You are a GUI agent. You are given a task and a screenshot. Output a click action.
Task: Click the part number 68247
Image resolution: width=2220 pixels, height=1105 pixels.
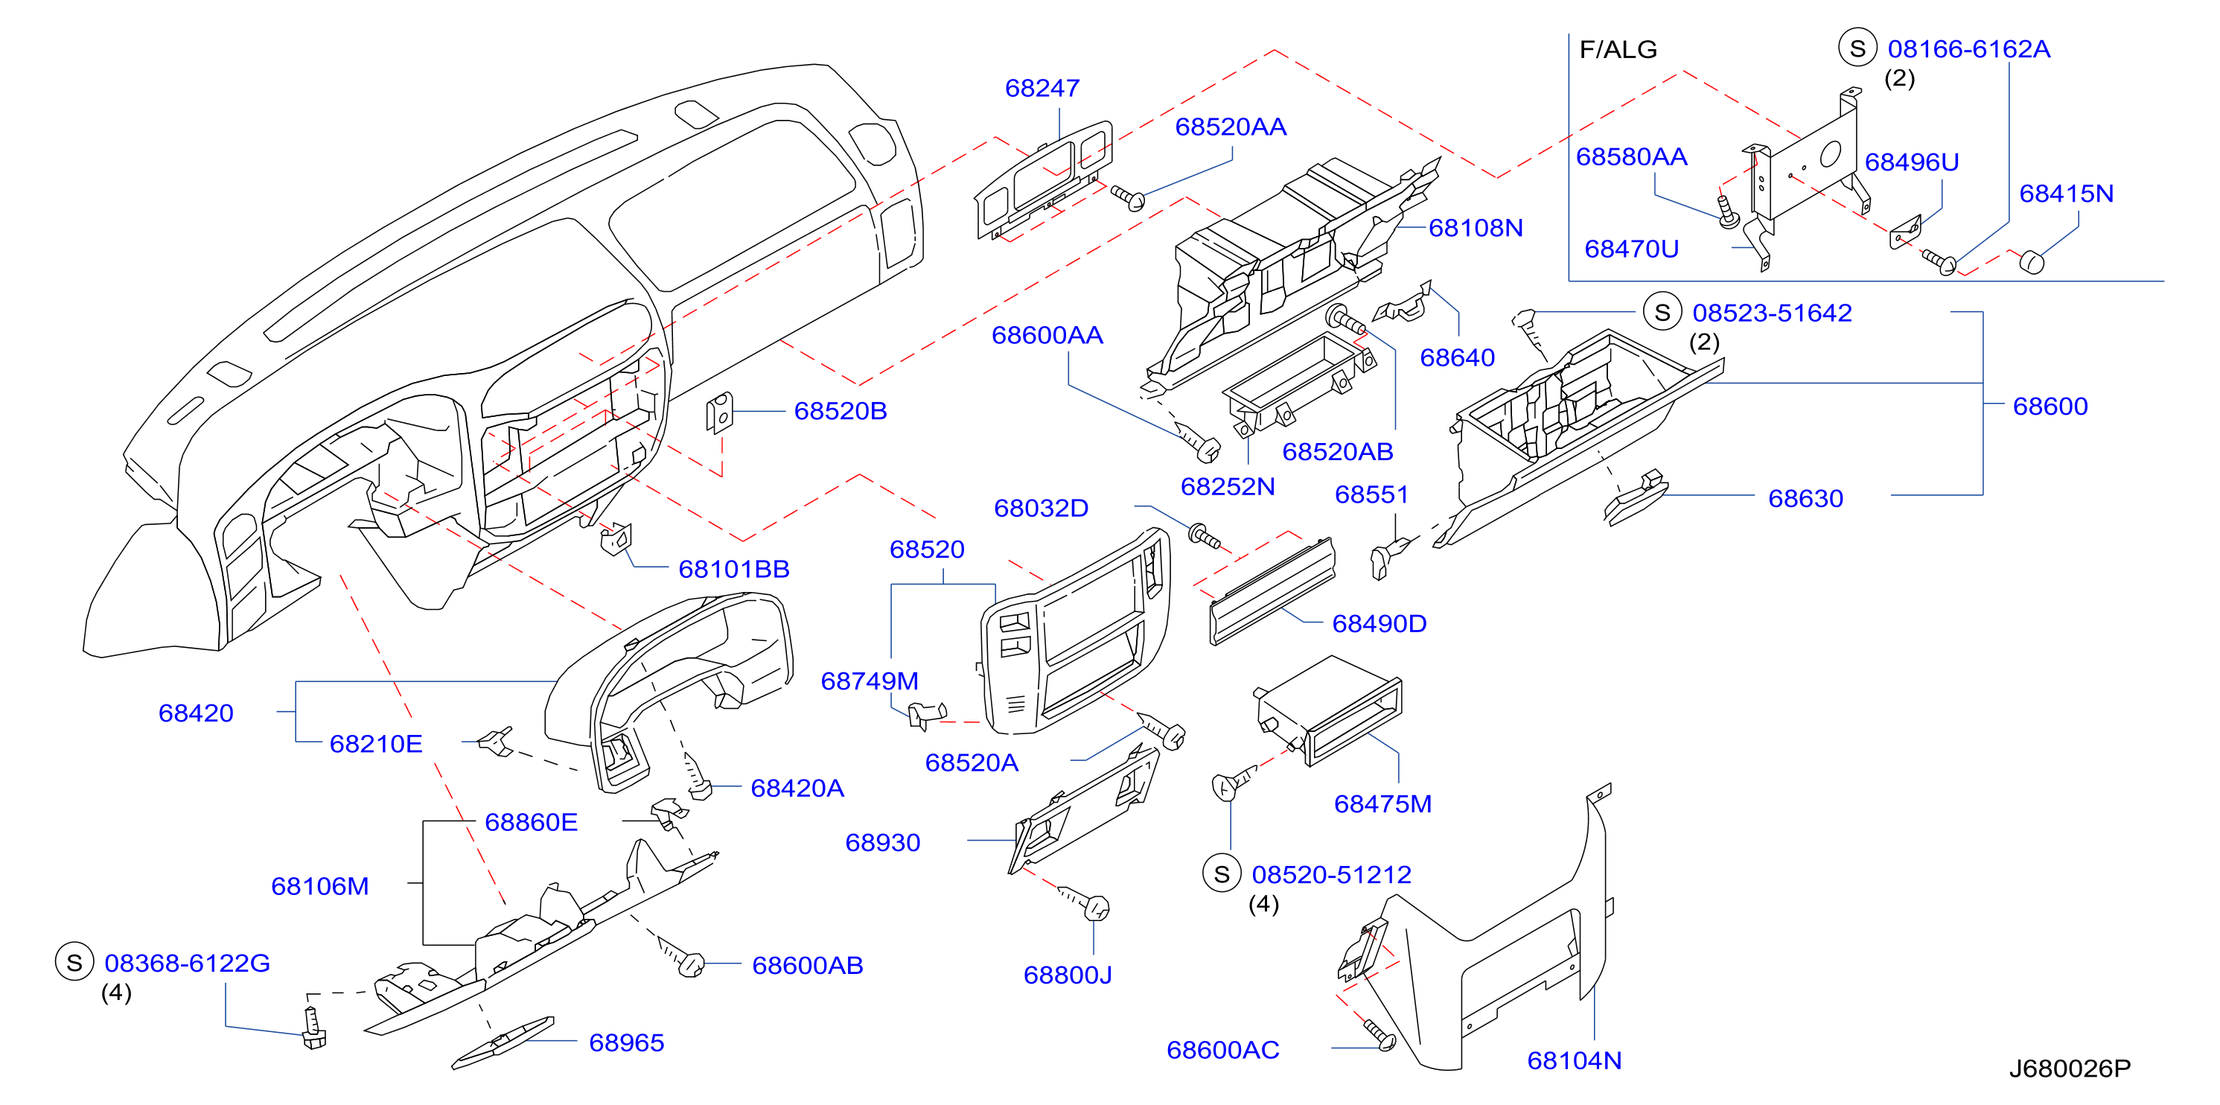tap(1042, 88)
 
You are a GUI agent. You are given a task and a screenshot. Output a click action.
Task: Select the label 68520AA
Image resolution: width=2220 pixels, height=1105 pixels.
tap(1231, 127)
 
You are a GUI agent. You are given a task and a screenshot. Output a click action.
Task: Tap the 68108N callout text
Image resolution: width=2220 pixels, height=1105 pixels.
tap(1476, 228)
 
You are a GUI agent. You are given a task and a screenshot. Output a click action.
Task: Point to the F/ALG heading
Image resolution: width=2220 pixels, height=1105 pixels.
tap(1618, 49)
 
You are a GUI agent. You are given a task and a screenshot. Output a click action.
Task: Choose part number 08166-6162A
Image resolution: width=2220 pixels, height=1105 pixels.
tap(1968, 48)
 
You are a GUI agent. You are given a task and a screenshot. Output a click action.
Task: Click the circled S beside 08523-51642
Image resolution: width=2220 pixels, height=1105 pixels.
tap(1662, 312)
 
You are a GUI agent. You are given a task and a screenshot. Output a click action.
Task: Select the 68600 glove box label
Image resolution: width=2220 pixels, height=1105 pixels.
tap(2050, 406)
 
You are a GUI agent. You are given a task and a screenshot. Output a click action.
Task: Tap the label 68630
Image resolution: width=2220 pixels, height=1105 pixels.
tap(1805, 498)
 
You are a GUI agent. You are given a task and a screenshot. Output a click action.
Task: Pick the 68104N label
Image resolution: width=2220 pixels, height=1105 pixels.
tap(1574, 1060)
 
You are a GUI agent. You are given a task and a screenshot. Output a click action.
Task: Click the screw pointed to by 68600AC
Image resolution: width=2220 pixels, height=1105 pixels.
tap(1379, 1035)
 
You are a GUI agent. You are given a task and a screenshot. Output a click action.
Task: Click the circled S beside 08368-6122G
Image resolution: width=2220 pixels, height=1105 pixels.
tap(74, 962)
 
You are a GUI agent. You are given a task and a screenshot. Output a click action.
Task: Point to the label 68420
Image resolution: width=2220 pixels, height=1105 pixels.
tap(196, 713)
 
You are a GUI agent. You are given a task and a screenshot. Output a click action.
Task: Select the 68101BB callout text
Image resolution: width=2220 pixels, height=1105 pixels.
tap(733, 569)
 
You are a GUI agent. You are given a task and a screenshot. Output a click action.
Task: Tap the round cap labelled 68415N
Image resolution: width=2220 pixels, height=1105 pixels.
tap(2031, 261)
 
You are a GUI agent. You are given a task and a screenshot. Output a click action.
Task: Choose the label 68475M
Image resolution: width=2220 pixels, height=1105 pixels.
tap(1382, 803)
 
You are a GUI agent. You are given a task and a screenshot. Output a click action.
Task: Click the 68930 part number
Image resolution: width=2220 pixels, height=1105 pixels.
tap(882, 842)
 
